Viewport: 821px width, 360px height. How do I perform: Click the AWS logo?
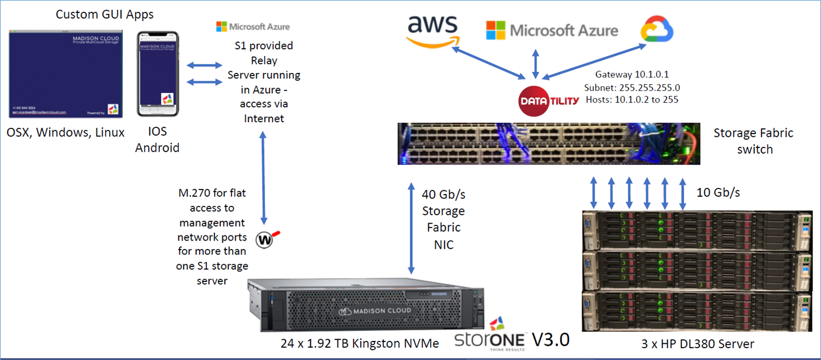pos(433,31)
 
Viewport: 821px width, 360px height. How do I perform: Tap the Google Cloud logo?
pos(657,30)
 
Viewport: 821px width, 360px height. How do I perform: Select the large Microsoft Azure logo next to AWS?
pos(552,30)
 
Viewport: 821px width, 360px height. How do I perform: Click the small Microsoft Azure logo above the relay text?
pos(253,26)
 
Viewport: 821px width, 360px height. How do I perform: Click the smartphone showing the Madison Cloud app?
pos(159,74)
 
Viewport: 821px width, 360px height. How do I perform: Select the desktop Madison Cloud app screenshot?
pos(65,73)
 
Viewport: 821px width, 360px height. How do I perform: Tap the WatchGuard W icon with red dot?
pos(265,239)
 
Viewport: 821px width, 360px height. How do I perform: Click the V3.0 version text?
pos(550,339)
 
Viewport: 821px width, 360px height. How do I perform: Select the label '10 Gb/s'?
pos(718,192)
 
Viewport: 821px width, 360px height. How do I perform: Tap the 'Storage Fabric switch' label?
pos(753,141)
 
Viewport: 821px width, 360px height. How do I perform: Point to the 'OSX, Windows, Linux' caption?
pos(66,133)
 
